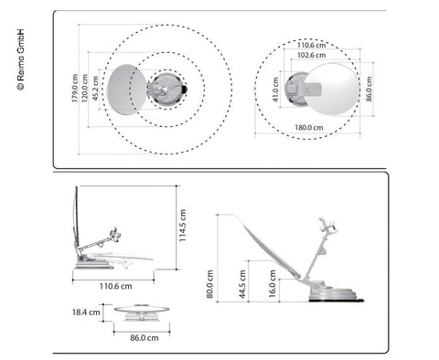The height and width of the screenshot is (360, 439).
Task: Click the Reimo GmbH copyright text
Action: click(20, 59)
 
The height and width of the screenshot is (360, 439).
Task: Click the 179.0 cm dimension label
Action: click(75, 88)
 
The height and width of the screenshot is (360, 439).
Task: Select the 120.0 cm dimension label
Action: click(84, 88)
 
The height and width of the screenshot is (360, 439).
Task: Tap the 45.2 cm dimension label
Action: click(95, 89)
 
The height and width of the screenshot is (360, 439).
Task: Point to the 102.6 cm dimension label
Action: click(312, 55)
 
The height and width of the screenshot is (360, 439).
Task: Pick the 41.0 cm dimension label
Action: click(275, 90)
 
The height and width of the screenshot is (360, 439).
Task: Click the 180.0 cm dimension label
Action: click(309, 127)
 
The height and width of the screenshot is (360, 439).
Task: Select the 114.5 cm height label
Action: click(182, 226)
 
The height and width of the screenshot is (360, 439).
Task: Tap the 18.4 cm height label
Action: click(86, 312)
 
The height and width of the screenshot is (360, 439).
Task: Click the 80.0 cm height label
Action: click(209, 284)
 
